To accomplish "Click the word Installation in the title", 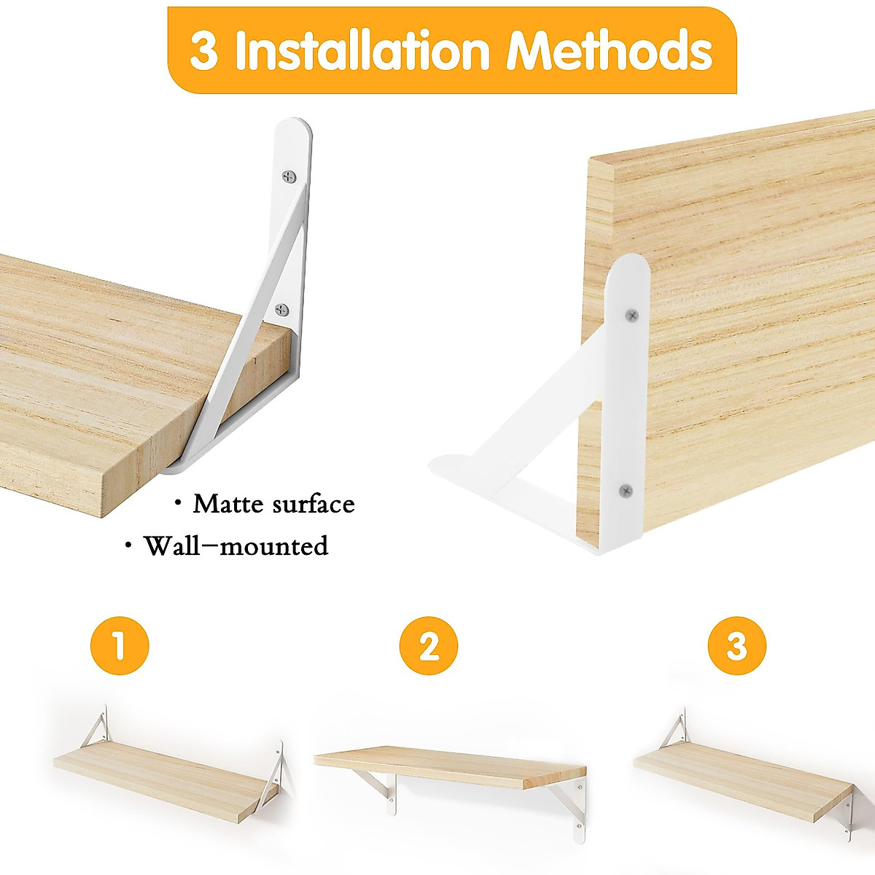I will (x=362, y=50).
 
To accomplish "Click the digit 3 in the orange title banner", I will (x=203, y=51).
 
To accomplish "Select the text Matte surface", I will (x=273, y=504).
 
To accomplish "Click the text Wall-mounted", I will (x=236, y=545).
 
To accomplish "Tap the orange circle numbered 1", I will (x=120, y=645).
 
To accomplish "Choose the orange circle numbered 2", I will (x=429, y=645).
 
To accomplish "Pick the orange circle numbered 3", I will (x=736, y=645).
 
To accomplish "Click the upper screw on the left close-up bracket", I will (x=289, y=176).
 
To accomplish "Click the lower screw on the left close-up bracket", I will (x=282, y=311).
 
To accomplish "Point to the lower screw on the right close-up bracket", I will (x=624, y=491).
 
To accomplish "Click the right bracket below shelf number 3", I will (x=846, y=809).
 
